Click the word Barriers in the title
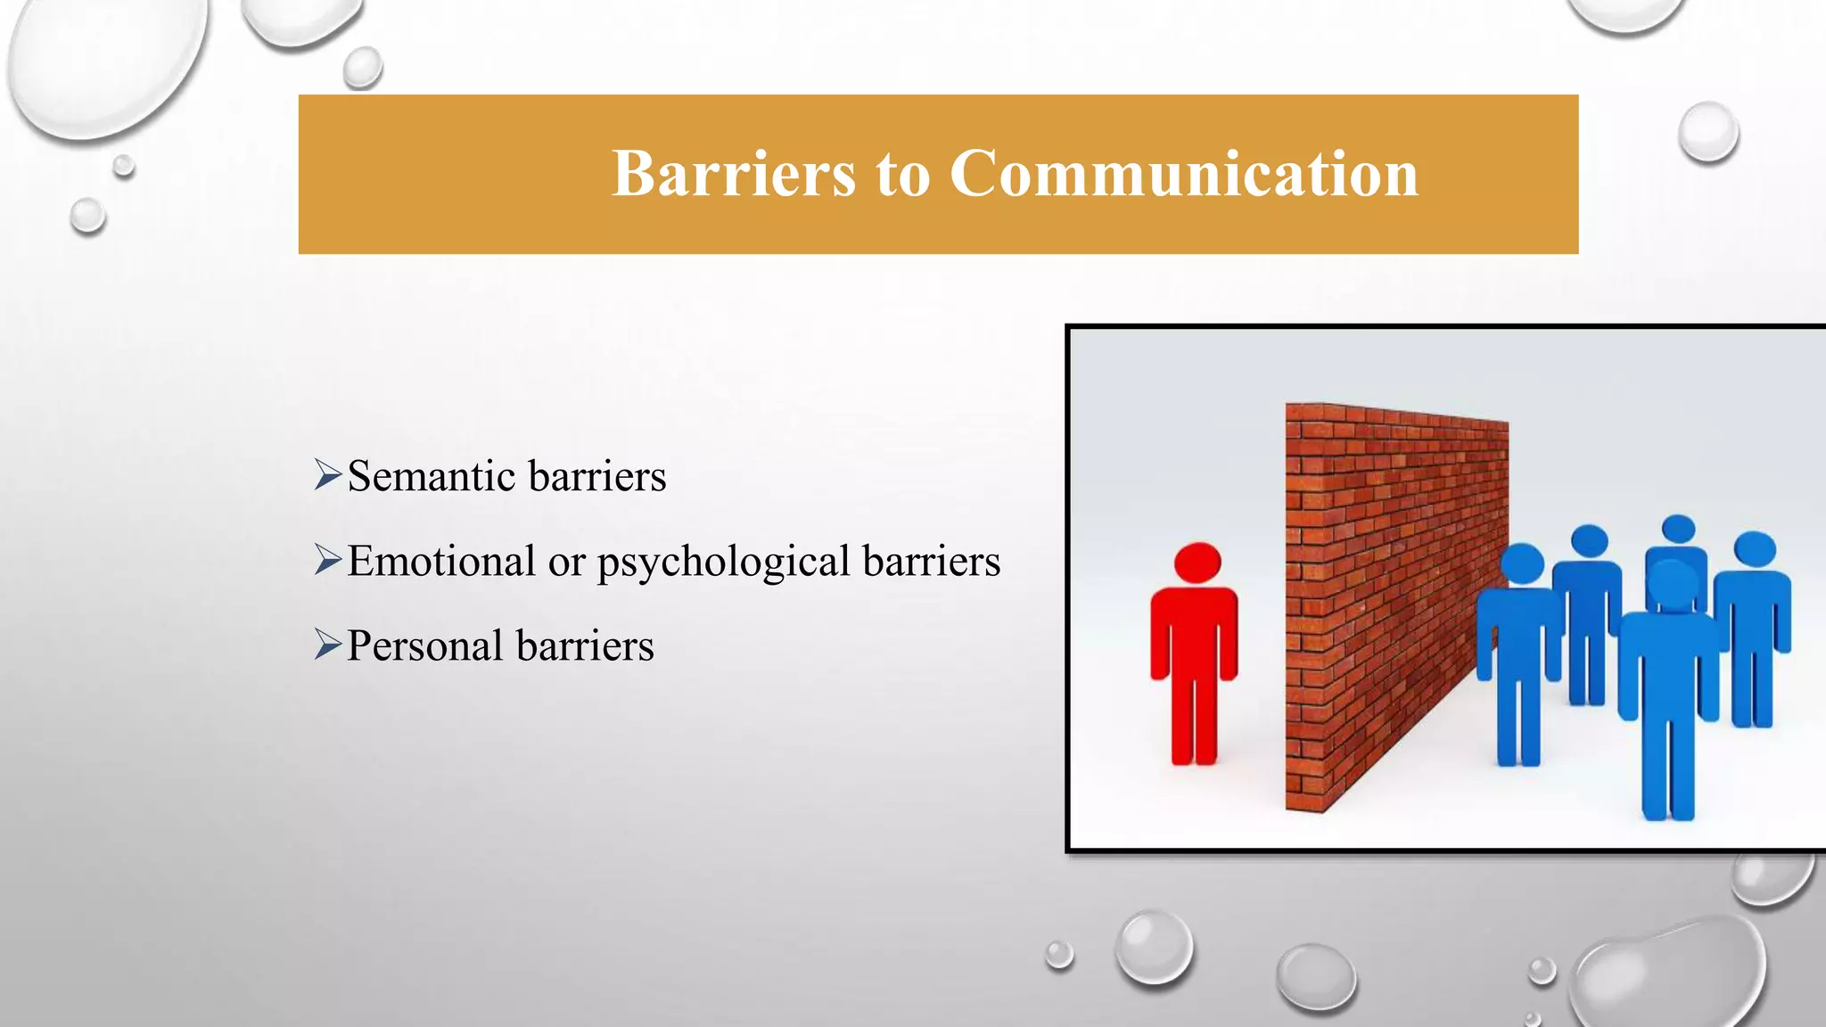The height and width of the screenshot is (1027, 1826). coord(733,173)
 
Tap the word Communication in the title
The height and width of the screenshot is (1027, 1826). coord(1183,173)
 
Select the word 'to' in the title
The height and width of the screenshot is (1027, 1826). coord(902,175)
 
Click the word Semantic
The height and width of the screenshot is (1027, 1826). coord(432,476)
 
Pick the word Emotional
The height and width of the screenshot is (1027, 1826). coord(441,562)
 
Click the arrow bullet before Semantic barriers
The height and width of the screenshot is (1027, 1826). coord(327,475)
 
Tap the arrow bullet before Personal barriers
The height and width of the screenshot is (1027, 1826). coord(327,645)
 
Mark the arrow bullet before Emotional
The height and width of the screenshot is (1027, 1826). coord(327,561)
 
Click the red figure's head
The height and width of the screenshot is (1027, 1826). coord(1197,563)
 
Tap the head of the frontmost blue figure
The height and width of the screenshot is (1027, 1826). coord(1672,584)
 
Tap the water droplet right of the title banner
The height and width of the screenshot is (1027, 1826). coord(1707,132)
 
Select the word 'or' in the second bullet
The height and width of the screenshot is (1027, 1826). coord(566,562)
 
